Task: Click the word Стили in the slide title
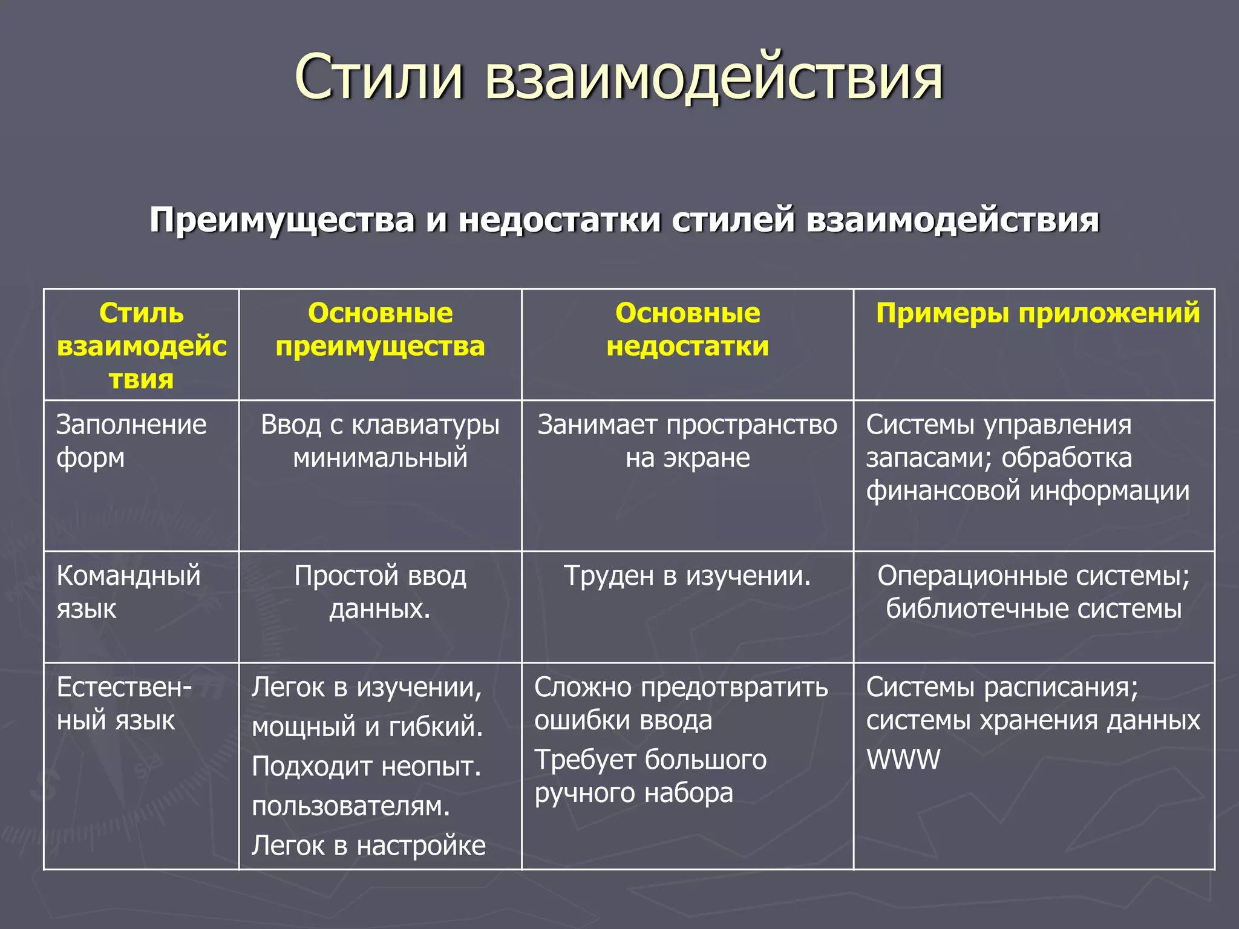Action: coord(379,77)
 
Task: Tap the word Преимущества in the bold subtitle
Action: coord(282,220)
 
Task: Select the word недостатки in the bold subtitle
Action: coord(559,220)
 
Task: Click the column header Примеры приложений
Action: coord(1038,313)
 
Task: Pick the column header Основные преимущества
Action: coord(380,330)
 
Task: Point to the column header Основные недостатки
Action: coord(687,330)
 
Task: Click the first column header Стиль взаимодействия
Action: coord(141,346)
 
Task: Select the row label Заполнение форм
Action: coord(131,441)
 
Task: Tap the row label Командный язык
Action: coord(128,592)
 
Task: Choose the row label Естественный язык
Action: coord(123,703)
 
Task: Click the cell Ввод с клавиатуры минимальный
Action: coord(380,441)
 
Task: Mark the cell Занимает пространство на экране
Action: coord(687,441)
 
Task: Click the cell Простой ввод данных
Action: coord(380,592)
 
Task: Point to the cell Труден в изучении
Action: coord(687,576)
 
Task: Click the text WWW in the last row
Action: coord(903,760)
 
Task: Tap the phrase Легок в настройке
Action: coord(368,846)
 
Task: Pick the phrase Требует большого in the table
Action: coord(650,760)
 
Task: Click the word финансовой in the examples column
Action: coord(943,490)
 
